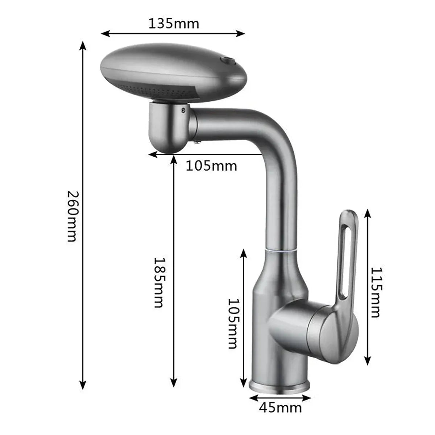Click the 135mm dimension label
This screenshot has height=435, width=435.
click(x=174, y=24)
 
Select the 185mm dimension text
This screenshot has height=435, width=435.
click(x=158, y=282)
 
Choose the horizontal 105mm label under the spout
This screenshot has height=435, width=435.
click(x=212, y=166)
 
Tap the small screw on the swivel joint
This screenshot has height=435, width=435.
click(x=184, y=111)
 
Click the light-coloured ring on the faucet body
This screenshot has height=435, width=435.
click(x=282, y=250)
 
